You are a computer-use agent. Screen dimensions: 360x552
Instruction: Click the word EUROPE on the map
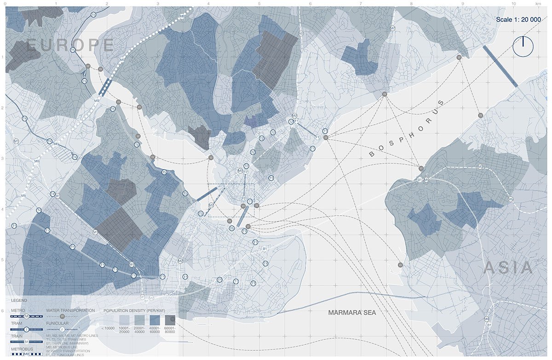click(x=70, y=45)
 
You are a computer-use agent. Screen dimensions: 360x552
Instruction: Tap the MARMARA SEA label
click(x=352, y=313)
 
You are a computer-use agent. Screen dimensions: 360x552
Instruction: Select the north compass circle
click(x=523, y=46)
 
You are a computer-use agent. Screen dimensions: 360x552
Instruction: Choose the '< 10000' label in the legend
click(x=108, y=328)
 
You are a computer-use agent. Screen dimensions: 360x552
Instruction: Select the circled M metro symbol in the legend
click(x=27, y=316)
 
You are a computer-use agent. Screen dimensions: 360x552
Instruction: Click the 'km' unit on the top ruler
click(x=538, y=3)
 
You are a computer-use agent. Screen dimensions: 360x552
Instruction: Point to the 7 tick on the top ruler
click(x=361, y=3)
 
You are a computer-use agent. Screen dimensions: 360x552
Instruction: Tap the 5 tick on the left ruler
click(x=2, y=260)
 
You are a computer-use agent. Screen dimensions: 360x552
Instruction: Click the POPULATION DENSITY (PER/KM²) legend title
click(x=134, y=310)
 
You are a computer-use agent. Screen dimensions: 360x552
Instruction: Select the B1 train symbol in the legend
click(x=27, y=342)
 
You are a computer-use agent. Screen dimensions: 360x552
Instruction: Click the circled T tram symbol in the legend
click(x=27, y=329)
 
